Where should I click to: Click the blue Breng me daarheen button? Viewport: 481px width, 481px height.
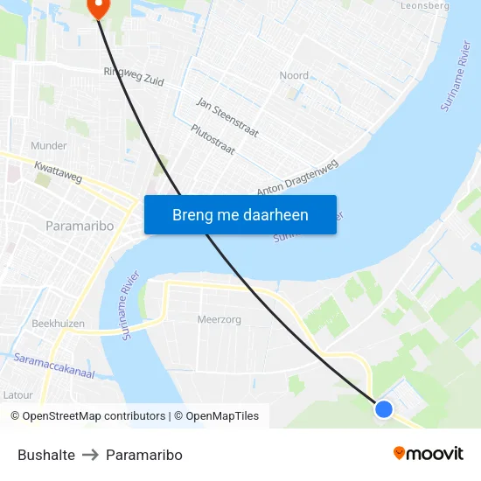(240, 214)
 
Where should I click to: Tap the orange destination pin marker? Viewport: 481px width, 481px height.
(97, 7)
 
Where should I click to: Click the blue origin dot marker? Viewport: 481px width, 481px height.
(383, 408)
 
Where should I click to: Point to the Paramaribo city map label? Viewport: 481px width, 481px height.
(80, 226)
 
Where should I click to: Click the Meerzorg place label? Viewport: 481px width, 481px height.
(220, 319)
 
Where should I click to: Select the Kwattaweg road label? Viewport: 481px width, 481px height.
(58, 171)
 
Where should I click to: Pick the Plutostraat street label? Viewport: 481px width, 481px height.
(213, 139)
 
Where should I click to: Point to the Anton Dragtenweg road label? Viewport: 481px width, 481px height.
(297, 178)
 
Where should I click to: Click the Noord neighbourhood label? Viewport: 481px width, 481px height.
(294, 75)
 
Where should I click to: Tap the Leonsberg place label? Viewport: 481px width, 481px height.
(424, 5)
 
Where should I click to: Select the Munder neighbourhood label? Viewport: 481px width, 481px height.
(49, 145)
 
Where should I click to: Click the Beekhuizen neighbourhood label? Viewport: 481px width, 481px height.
(59, 323)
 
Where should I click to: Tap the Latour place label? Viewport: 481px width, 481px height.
(17, 394)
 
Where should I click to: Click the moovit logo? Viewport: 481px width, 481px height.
(428, 453)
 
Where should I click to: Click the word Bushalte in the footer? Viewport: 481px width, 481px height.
(46, 455)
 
